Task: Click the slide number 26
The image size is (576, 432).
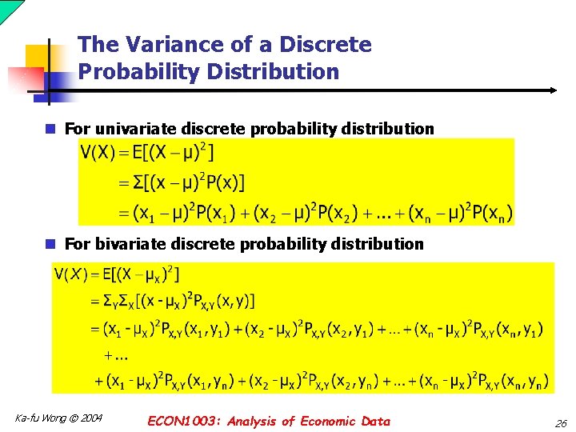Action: [x=560, y=422]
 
